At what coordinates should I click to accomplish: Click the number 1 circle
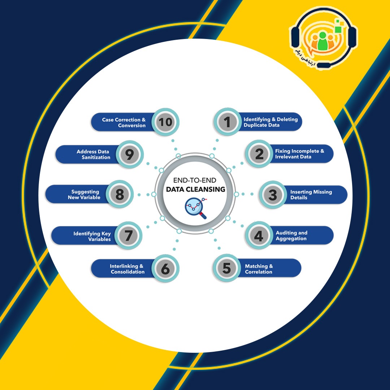click(x=227, y=122)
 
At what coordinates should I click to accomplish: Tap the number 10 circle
click(x=165, y=122)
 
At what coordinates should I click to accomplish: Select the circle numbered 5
click(x=226, y=268)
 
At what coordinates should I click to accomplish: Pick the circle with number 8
click(x=120, y=194)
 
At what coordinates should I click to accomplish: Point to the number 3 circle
click(x=273, y=195)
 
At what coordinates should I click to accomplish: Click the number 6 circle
click(x=165, y=268)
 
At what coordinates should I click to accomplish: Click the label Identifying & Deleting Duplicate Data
click(x=270, y=122)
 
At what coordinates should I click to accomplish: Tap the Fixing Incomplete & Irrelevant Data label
click(x=299, y=154)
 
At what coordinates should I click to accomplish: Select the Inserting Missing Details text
click(x=311, y=195)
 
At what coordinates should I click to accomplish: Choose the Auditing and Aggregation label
click(x=291, y=235)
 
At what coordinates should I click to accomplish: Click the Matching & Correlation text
click(x=259, y=269)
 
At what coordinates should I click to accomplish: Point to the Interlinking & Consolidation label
click(x=127, y=269)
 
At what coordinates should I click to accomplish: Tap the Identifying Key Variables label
click(x=92, y=236)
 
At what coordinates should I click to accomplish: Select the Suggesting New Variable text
click(x=84, y=195)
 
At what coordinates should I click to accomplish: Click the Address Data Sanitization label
click(x=93, y=154)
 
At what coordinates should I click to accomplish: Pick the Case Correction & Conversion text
click(x=123, y=122)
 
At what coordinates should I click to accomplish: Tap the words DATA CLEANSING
click(x=195, y=189)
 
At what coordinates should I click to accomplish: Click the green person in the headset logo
click(x=322, y=40)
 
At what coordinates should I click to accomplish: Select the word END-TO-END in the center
click(x=195, y=180)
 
